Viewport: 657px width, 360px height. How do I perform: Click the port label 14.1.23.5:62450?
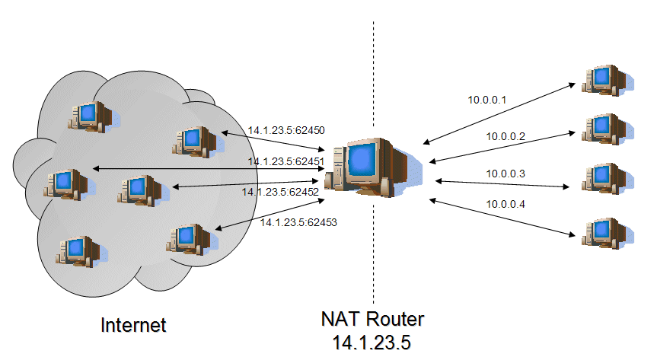tap(286, 130)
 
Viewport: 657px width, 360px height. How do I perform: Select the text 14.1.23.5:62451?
tap(286, 161)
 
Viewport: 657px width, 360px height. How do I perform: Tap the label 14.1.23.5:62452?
tap(280, 192)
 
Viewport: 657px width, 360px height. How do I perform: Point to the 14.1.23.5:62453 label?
tap(298, 222)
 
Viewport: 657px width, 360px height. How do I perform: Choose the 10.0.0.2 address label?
tap(506, 136)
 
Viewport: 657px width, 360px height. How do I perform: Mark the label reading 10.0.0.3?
tap(506, 174)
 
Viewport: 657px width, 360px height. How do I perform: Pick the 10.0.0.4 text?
tap(506, 204)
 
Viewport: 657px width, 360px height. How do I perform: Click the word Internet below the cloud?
tap(134, 325)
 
